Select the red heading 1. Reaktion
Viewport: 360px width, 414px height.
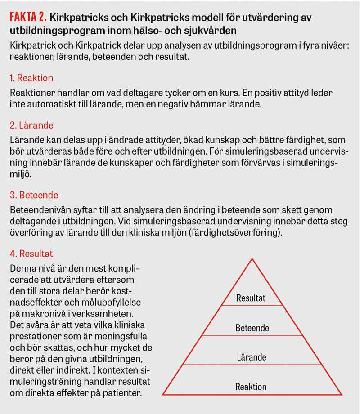31,78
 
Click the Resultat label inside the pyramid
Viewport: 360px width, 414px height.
251,298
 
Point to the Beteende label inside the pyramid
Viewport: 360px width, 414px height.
252,328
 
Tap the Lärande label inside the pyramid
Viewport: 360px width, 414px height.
252,358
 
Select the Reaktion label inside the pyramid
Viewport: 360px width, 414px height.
251,387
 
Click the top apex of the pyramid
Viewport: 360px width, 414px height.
252,259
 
